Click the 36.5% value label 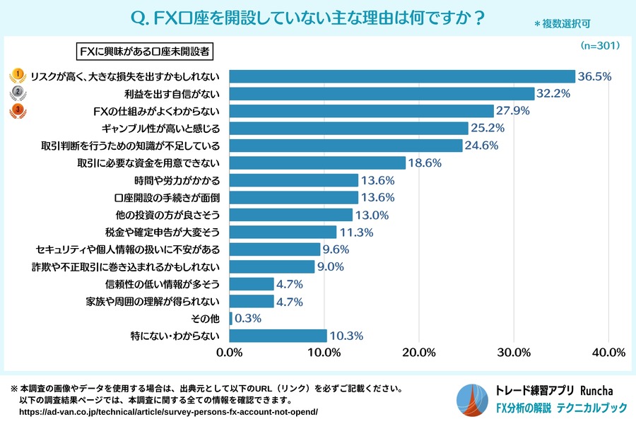click(594, 76)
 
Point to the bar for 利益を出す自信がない click(382, 93)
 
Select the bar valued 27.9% click(361, 111)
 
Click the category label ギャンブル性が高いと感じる click(162, 128)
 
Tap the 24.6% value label click(482, 146)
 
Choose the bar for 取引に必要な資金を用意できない click(317, 163)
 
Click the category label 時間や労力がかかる click(181, 180)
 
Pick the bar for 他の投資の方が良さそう click(290, 214)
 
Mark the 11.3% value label click(356, 232)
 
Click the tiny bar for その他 click(231, 318)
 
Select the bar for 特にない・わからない click(278, 336)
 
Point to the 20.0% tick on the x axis click(419, 353)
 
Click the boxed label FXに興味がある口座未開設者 click(144, 51)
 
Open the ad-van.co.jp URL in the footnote click(168, 411)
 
